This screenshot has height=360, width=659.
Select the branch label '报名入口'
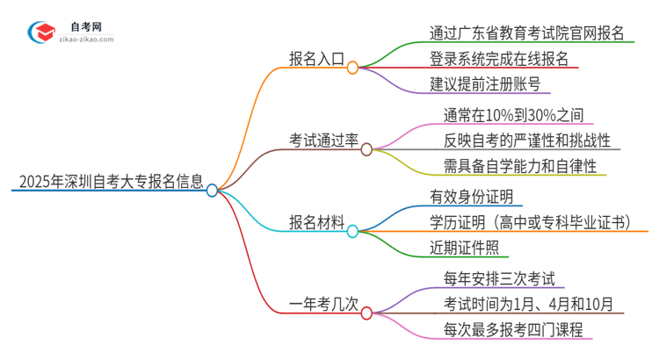pyautogui.click(x=316, y=61)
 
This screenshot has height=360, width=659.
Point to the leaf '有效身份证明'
pyautogui.click(x=471, y=197)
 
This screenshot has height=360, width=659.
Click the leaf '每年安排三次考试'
pyautogui.click(x=499, y=278)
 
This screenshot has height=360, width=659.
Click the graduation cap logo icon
pyautogui.click(x=42, y=32)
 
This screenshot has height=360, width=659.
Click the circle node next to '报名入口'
pyautogui.click(x=352, y=68)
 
